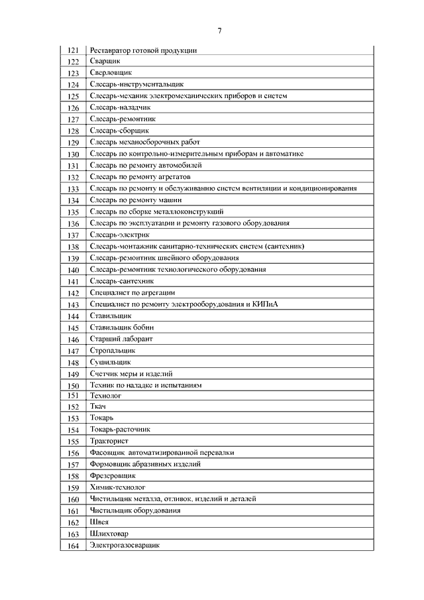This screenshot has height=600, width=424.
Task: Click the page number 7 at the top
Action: pos(219,30)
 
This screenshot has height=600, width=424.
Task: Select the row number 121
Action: pos(74,50)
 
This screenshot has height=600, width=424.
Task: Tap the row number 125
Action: pos(74,96)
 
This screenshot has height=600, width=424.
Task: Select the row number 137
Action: pos(74,235)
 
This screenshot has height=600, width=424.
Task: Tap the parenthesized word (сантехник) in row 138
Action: pos(284,247)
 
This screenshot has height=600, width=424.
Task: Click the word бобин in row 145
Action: pos(144,328)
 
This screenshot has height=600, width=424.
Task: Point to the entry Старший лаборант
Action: pos(121,339)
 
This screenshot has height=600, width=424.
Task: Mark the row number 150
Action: pos(74,385)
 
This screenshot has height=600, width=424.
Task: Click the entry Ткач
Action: pos(98,406)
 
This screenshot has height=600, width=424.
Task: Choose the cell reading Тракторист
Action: pos(109,441)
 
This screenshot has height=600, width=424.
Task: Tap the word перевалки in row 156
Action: pos(215,452)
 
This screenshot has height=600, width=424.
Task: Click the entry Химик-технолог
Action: pos(117,487)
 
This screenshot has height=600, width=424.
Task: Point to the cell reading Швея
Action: pos(99,522)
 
